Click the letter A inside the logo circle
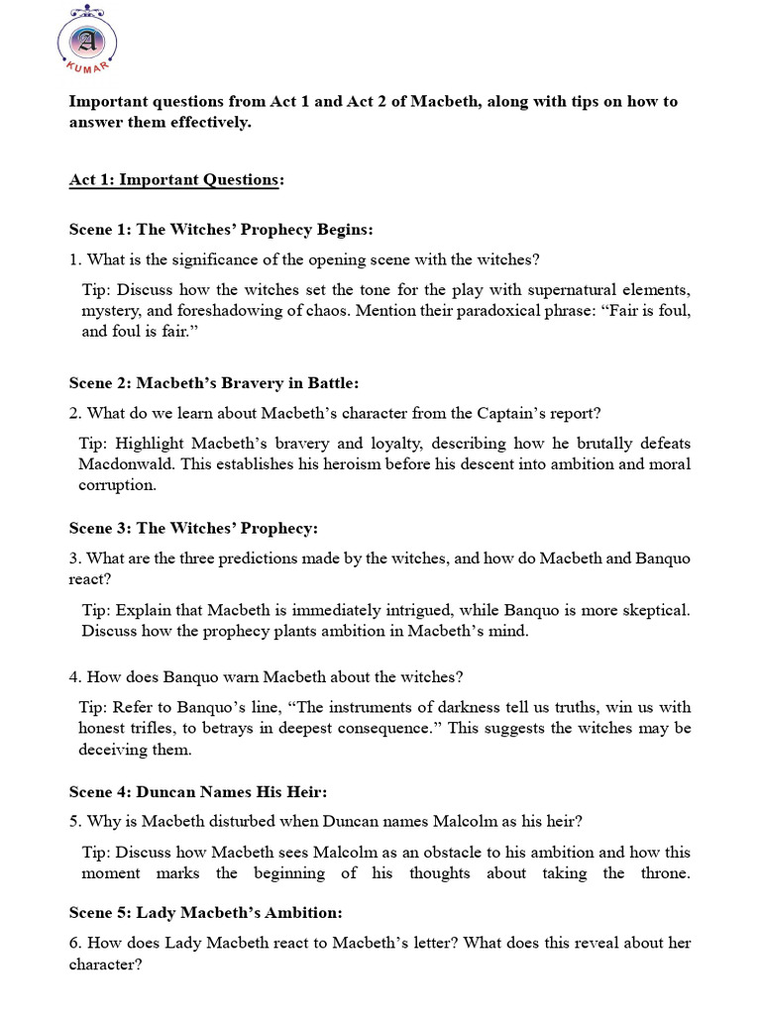(87, 41)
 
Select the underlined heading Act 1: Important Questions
(174, 179)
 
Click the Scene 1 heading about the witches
(221, 229)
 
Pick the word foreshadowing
(209, 310)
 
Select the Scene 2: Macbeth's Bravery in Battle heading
(213, 382)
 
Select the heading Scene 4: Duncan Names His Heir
(197, 792)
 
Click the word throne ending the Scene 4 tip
(664, 872)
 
